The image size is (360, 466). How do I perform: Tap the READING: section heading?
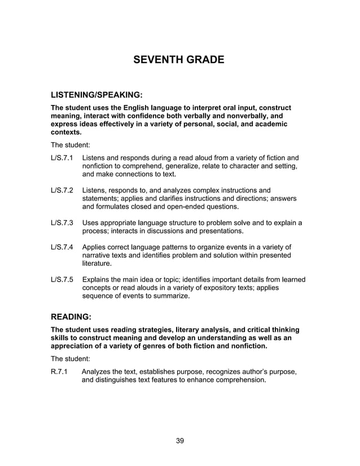[71, 317]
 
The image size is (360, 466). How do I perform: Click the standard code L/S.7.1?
[63, 157]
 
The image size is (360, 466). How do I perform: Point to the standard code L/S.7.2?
[63, 190]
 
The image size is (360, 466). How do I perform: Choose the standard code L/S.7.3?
[63, 222]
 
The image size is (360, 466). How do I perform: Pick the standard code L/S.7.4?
[63, 247]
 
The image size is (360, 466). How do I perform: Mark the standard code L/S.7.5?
[63, 279]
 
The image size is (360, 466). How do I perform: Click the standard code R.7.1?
[59, 371]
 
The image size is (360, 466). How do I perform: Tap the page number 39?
[179, 441]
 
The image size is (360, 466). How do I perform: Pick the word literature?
[96, 263]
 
